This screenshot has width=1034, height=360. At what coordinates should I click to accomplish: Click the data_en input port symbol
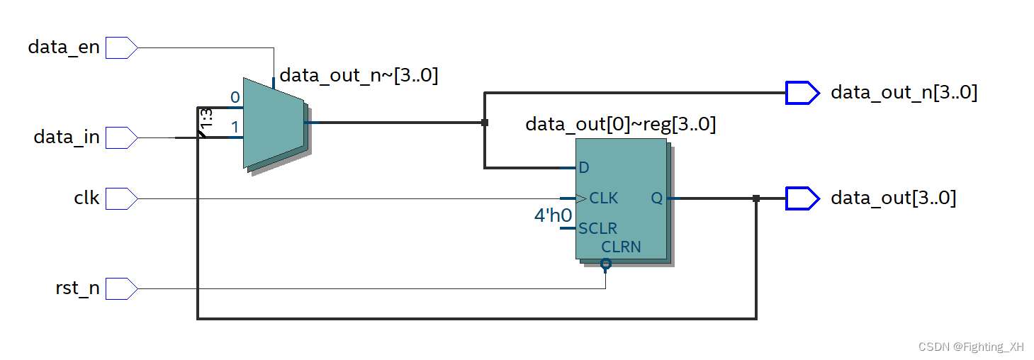pos(121,47)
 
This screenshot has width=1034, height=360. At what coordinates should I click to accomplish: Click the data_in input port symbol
pos(121,137)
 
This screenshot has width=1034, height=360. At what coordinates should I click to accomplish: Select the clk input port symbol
pos(121,198)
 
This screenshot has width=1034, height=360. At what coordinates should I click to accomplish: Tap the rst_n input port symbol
pos(121,288)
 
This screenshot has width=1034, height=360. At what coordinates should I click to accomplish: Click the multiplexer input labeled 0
pos(235,98)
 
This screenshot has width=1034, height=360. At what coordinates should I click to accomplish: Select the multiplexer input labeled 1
pos(235,128)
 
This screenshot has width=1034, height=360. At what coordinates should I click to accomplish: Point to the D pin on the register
pos(584,168)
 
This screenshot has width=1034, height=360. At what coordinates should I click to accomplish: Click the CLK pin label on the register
pos(603,198)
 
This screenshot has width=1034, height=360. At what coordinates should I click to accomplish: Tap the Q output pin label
pos(656,198)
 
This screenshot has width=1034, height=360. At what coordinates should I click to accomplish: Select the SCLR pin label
pos(597,229)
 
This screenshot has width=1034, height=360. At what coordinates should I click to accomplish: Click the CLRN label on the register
pos(621,247)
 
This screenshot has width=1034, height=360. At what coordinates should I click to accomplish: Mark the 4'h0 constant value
pos(553,215)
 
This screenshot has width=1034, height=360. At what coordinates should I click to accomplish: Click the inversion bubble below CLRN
pos(605,264)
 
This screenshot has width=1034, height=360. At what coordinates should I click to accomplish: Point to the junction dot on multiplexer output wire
pos(485,123)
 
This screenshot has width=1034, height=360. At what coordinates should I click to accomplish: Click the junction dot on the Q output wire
pos(756,198)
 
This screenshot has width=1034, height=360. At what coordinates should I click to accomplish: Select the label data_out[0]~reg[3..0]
pos(620,125)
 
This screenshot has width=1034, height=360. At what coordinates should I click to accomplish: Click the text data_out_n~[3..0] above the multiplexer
pos(359,75)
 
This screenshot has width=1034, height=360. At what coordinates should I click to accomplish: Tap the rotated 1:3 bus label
pos(206,120)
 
